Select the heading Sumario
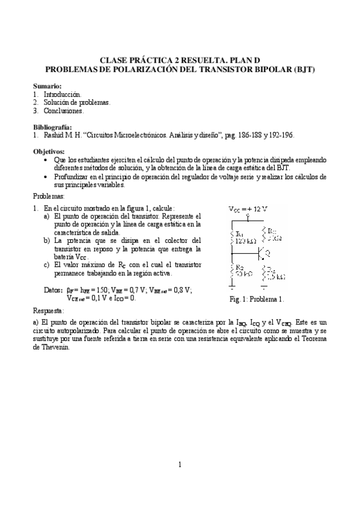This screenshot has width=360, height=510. click(47, 87)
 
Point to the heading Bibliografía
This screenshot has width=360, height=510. click(52, 127)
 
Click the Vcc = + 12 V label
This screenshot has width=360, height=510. click(248, 209)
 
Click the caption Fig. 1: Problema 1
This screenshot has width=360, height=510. click(256, 299)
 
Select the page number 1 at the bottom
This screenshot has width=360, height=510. click(180, 464)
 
